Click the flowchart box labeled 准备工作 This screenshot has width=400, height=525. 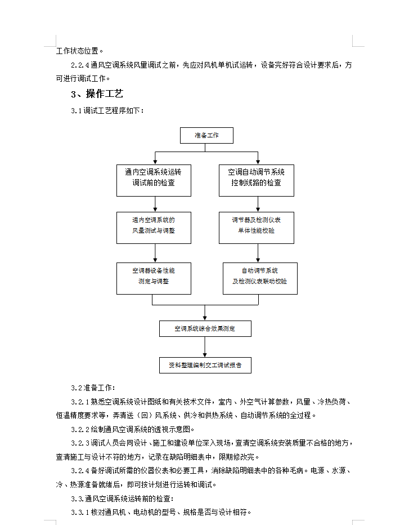(206, 135)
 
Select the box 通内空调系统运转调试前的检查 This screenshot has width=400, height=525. (154, 180)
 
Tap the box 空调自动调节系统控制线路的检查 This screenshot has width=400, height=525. (257, 180)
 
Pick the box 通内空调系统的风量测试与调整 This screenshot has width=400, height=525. (154, 228)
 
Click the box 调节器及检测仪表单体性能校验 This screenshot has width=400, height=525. (257, 228)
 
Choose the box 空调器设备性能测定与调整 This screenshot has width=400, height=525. (154, 279)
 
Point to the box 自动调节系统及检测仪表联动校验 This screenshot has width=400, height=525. (260, 279)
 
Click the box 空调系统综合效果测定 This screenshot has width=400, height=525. (205, 329)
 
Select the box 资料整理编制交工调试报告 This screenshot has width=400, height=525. (205, 365)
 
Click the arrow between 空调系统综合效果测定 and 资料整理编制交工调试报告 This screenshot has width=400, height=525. (205, 347)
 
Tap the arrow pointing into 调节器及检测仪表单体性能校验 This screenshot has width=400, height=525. (258, 204)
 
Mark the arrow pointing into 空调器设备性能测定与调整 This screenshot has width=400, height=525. (155, 253)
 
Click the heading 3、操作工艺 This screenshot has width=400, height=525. (97, 94)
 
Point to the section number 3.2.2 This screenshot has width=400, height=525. (80, 429)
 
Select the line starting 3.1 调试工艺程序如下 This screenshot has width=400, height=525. (107, 110)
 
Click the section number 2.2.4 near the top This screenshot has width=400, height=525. (80, 65)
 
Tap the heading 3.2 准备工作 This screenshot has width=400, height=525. (93, 388)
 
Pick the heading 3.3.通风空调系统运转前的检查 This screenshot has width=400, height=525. (123, 499)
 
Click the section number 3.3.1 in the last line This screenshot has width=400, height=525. (80, 512)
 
